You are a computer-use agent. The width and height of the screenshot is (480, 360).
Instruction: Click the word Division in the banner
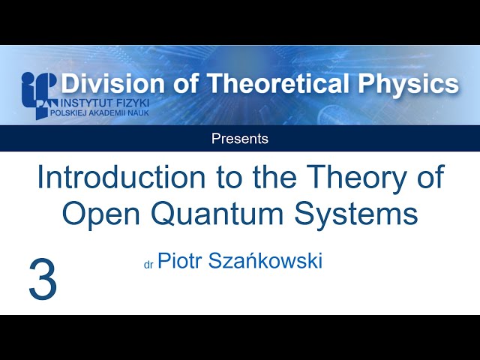(105, 84)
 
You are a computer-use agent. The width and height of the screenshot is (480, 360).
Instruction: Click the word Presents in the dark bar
(240, 139)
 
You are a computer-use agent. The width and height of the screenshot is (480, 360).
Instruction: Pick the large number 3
(43, 279)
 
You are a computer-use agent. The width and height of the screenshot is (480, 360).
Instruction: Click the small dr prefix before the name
(148, 265)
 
